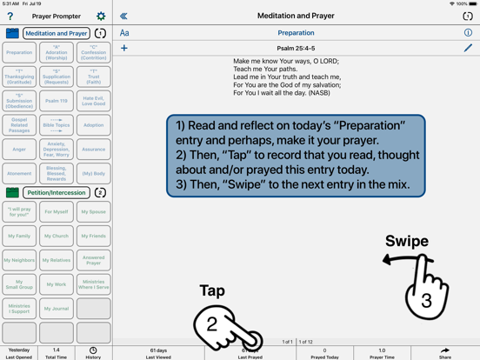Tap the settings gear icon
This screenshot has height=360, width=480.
point(101,16)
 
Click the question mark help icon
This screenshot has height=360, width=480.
point(10,16)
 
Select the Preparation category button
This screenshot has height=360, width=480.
point(19,52)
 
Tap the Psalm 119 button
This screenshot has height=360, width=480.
point(57,101)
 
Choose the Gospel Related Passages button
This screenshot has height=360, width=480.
point(19,125)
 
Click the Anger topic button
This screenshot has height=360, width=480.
point(19,149)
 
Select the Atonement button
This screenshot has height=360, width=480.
point(19,173)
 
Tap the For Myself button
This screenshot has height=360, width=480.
point(57,211)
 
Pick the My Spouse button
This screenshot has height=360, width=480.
point(93,211)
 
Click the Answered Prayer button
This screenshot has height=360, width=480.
point(93,260)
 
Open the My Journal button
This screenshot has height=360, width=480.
point(57,309)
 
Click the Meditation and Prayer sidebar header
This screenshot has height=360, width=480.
point(57,34)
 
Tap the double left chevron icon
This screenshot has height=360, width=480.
point(123,16)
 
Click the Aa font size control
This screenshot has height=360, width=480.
point(124,33)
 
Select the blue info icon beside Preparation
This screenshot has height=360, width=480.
point(468,33)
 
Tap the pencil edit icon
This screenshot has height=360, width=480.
point(468,49)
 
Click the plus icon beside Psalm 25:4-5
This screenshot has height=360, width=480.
point(124,49)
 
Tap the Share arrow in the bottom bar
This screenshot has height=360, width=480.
point(444,352)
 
